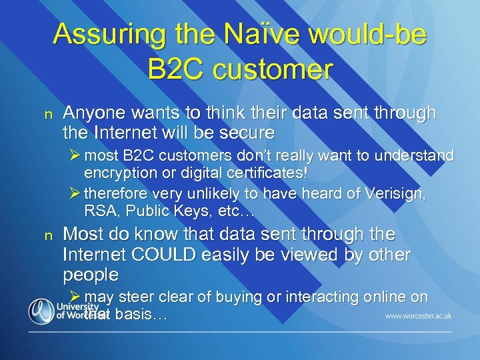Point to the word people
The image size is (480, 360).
tap(91, 275)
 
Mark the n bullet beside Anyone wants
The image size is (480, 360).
tap(47, 115)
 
